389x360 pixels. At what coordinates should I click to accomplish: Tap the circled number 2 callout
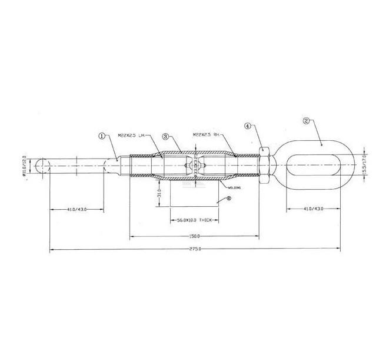coord(306,121)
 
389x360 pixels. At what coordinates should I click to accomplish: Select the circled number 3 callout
coord(167,136)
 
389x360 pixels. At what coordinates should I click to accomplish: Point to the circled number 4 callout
coord(247,126)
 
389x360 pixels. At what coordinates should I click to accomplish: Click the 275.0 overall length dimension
coord(195,249)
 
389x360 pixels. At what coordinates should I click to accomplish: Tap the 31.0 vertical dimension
coord(159,193)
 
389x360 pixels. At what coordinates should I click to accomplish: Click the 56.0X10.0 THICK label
coord(195,220)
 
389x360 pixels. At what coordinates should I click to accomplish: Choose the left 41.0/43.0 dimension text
coord(78,208)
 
